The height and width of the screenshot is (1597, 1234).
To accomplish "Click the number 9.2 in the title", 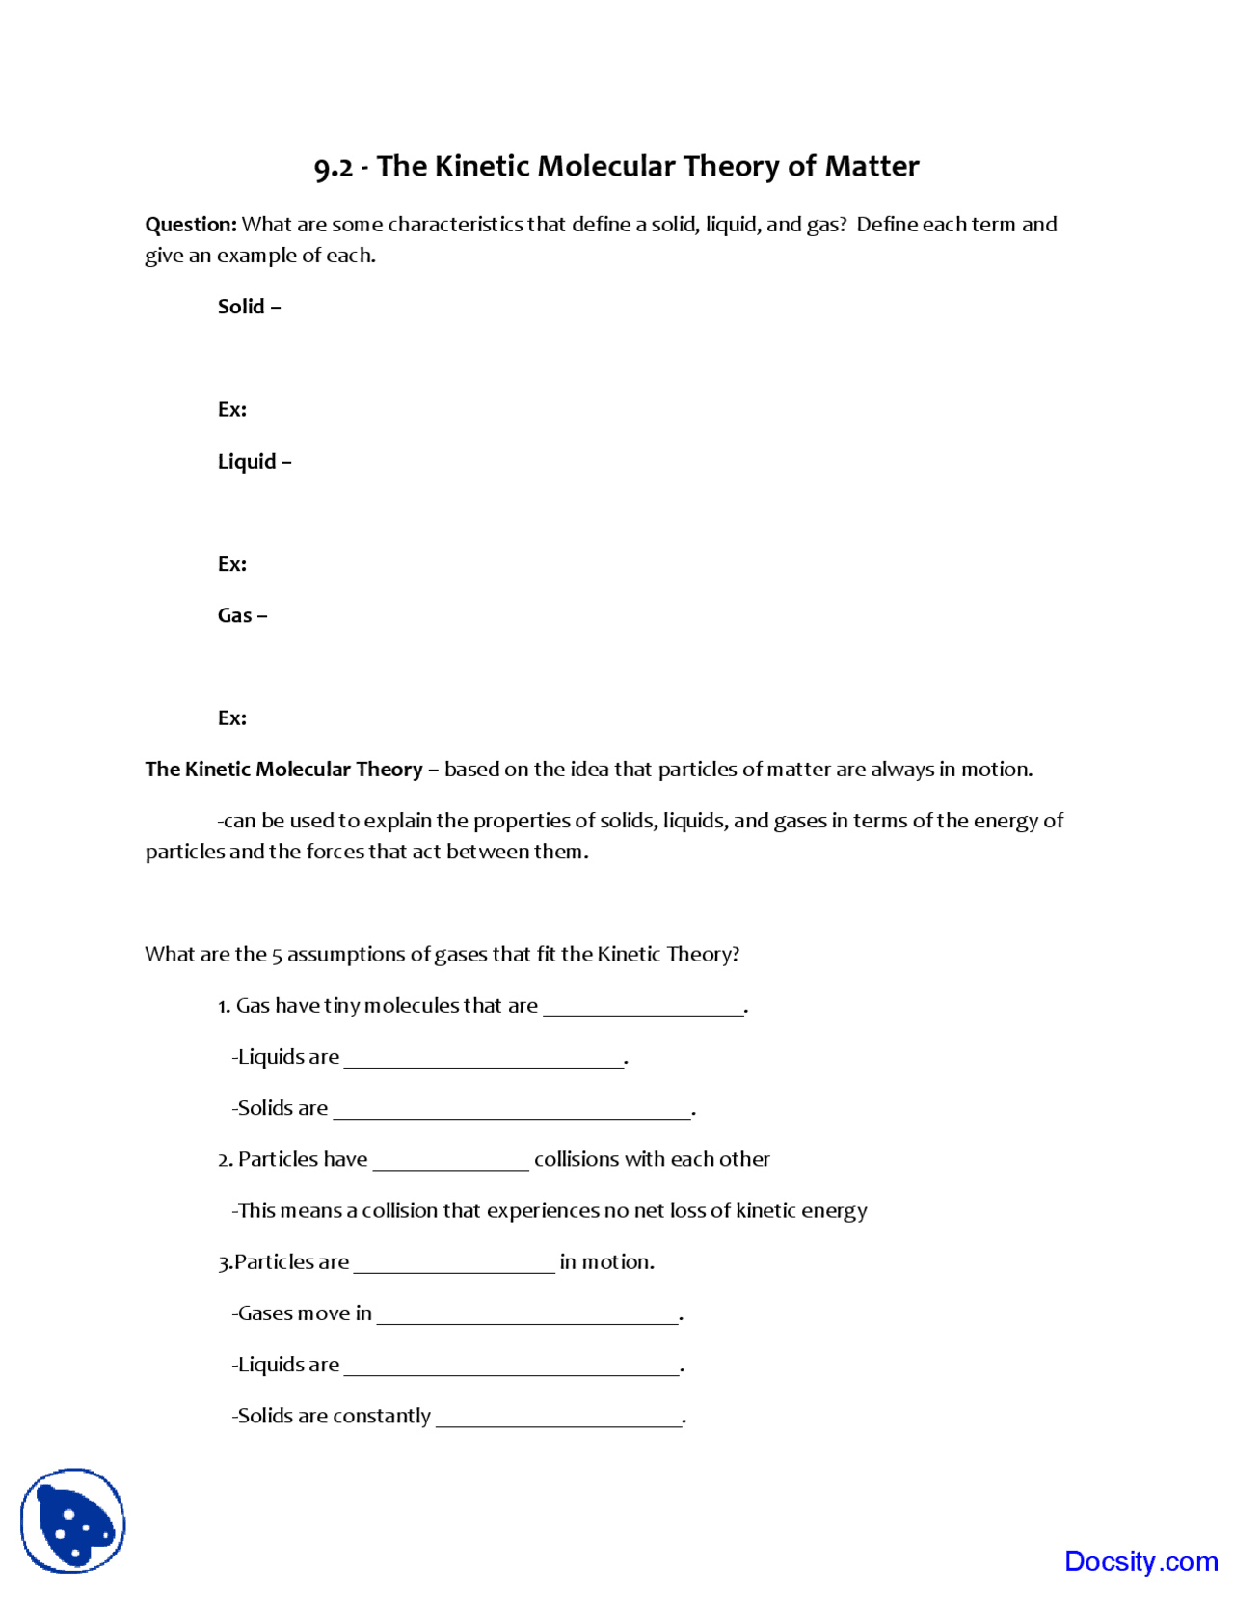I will [x=334, y=168].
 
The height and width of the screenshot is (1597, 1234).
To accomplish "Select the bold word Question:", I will [x=190, y=225].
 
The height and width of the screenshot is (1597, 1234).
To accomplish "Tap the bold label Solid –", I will [x=249, y=307].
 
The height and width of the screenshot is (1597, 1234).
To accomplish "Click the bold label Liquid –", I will [x=254, y=462].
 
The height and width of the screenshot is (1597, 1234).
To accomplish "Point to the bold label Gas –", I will [x=242, y=615].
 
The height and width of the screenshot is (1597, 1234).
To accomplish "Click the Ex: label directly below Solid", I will [x=231, y=410].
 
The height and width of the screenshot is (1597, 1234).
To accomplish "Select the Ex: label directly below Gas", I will [x=231, y=718].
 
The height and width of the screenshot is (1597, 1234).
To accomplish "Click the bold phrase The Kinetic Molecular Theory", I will [x=283, y=770].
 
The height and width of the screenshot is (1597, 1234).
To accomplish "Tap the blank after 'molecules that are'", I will [x=643, y=1008].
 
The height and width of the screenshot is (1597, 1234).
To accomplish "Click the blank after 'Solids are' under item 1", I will [x=512, y=1110].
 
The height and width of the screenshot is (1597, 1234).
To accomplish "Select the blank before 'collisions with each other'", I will [x=450, y=1161].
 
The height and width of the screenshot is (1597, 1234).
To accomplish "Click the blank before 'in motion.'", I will [x=454, y=1264].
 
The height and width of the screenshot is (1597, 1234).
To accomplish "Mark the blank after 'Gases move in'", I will [x=527, y=1315].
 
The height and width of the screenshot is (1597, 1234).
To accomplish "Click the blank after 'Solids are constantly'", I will [x=559, y=1418].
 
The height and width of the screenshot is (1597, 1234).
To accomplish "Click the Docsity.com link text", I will [x=1140, y=1561].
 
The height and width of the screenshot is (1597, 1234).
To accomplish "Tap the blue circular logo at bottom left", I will [x=73, y=1521].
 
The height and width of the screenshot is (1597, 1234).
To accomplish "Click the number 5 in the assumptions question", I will [x=277, y=956].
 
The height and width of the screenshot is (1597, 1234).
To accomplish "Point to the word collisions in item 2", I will [x=577, y=1159].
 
